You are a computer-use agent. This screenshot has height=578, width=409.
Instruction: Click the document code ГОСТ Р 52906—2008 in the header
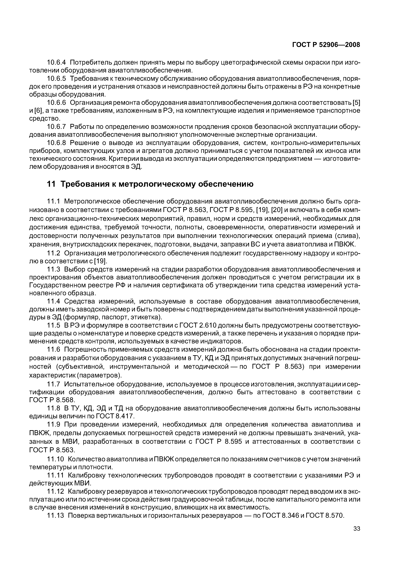point(326,45)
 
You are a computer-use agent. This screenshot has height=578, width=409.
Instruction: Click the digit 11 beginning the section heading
point(51,184)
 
